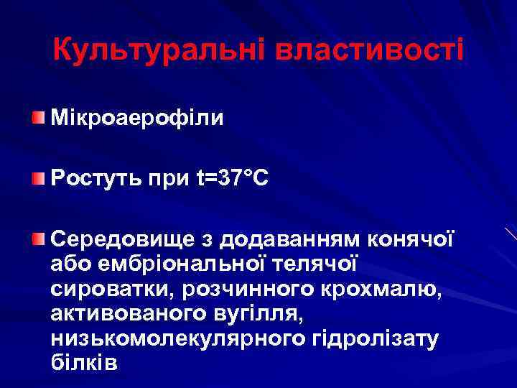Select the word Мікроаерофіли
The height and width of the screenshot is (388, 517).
137,118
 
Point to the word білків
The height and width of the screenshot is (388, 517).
83,364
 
